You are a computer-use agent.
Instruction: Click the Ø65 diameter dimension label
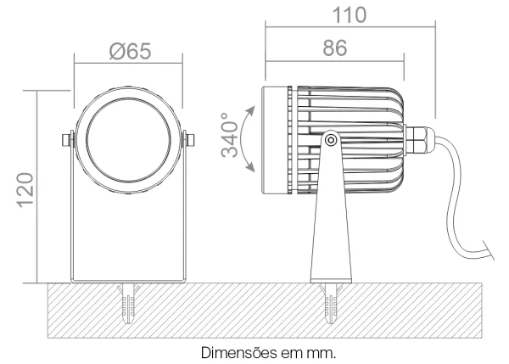pos(130,51)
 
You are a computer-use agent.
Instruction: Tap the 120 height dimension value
pos(25,190)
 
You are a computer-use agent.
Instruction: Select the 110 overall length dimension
pos(350,15)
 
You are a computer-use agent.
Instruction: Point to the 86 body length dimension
pos(335,48)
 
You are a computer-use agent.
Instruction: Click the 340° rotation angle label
pos(230,135)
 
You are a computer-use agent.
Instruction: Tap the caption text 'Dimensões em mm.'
pos(268,353)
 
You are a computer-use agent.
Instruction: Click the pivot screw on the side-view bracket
pos(331,140)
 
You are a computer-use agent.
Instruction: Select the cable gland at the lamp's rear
pos(419,140)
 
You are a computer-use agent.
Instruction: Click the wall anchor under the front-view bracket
pos(128,303)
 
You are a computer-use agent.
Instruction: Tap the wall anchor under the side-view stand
pos(331,303)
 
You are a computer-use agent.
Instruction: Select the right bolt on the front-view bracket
pos(189,140)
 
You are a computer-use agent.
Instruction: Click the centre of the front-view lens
pos(128,140)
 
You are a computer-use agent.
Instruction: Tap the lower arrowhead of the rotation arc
pos(250,167)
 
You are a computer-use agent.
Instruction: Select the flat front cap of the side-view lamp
pos(275,140)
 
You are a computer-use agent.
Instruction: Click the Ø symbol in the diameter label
pos(116,51)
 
